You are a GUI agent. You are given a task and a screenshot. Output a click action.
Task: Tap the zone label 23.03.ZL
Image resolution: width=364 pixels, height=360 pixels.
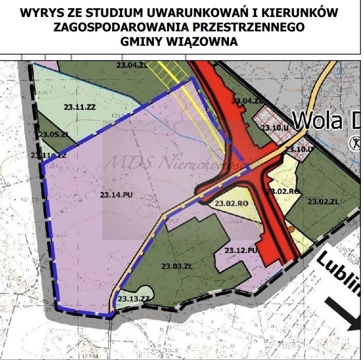pyautogui.click(x=176, y=266)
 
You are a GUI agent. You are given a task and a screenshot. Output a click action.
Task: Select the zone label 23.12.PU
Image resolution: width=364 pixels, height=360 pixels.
pyautogui.click(x=240, y=250)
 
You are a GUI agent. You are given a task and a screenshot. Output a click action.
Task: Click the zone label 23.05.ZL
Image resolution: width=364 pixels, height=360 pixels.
pyautogui.click(x=53, y=134)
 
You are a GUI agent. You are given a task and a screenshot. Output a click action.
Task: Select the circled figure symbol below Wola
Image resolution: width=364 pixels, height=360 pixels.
pyautogui.click(x=354, y=142)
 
